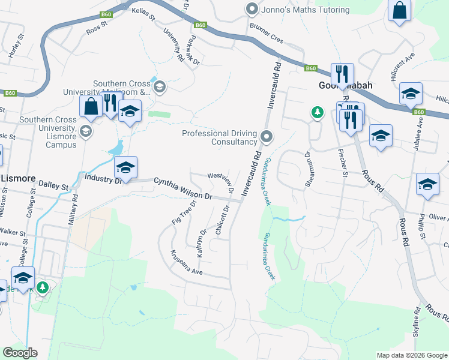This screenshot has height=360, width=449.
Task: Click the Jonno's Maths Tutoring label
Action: pyautogui.click(x=306, y=10)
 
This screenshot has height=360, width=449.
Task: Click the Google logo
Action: pyautogui.click(x=20, y=353)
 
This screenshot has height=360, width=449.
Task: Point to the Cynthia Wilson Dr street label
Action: pyautogui.click(x=183, y=188)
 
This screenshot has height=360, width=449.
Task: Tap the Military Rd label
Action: pyautogui.click(x=73, y=209)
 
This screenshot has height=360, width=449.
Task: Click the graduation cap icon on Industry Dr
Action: pyautogui.click(x=126, y=168)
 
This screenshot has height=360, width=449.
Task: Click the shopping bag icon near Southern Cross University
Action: pyautogui.click(x=91, y=106)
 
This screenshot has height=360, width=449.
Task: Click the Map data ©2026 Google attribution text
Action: pyautogui.click(x=412, y=355)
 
